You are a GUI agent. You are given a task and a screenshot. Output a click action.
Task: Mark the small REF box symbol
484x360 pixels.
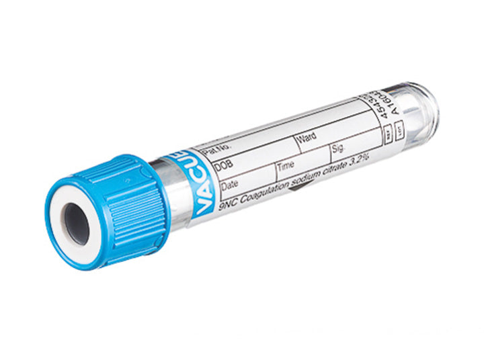pos(389,135)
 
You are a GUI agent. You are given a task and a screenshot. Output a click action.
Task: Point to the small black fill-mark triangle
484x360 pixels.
pos(296,191)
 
